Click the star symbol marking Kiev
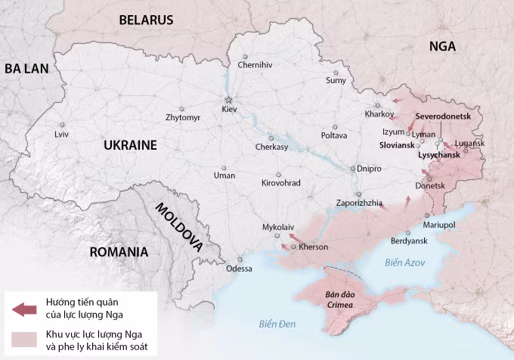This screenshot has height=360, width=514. (x=228, y=100)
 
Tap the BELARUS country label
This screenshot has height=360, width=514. (x=146, y=20)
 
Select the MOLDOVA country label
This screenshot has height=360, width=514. (x=179, y=226)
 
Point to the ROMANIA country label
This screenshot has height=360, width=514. (x=119, y=252)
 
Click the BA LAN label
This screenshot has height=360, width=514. (x=26, y=69)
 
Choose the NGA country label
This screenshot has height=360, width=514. (x=442, y=46)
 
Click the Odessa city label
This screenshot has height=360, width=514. (x=239, y=268)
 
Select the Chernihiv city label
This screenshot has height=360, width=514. (x=255, y=65)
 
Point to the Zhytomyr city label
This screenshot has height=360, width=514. (x=183, y=118)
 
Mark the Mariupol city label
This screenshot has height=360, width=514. (x=439, y=225)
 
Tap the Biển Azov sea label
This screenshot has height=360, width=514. (x=404, y=262)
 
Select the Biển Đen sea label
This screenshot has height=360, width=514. (x=277, y=324)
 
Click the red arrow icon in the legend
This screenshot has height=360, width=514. (x=24, y=309)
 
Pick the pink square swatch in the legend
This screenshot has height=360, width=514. (x=24, y=340)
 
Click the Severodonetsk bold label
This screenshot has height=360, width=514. (x=443, y=117)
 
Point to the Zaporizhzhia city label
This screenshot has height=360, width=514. (x=359, y=203)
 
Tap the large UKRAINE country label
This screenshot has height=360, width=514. (x=130, y=145)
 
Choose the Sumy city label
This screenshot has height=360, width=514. (x=336, y=80)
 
